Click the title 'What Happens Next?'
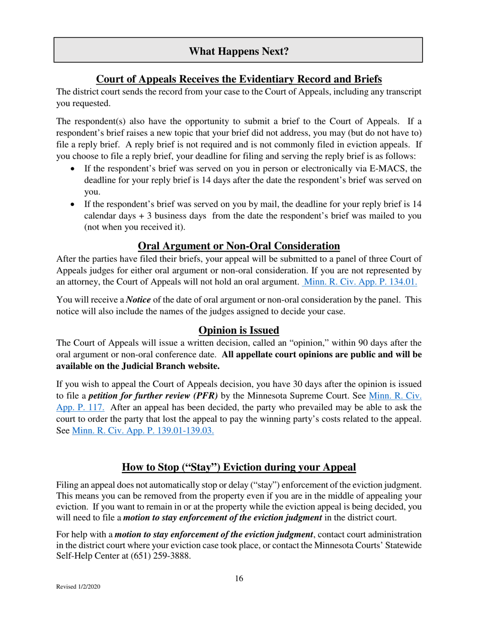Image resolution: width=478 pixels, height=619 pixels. click(x=238, y=51)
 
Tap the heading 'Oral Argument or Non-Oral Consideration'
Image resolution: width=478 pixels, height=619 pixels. click(x=238, y=246)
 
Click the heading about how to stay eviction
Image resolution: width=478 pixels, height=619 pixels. click(x=238, y=467)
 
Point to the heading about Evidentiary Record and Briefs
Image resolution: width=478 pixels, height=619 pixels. click(x=238, y=79)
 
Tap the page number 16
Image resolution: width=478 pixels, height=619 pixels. click(x=238, y=578)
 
